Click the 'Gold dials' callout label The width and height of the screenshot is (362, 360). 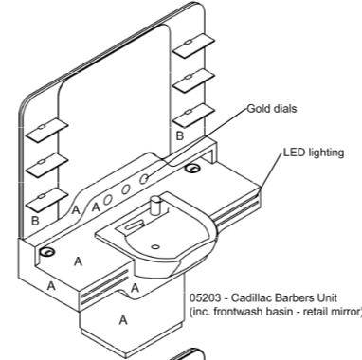click(x=272, y=109)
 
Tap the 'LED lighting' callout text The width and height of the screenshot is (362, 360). click(x=314, y=153)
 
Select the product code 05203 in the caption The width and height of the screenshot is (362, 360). click(x=205, y=297)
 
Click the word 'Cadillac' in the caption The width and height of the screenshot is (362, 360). click(x=251, y=297)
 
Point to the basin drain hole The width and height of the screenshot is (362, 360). click(x=155, y=247)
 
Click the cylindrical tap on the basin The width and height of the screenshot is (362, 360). click(x=155, y=205)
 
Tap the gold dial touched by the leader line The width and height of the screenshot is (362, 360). click(x=144, y=179)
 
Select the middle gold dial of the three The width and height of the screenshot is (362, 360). click(x=126, y=189)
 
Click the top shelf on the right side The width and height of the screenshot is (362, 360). click(x=194, y=46)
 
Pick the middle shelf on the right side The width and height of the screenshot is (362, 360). click(x=194, y=81)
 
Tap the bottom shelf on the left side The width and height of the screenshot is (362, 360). click(x=46, y=200)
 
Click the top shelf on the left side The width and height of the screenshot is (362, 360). click(x=46, y=131)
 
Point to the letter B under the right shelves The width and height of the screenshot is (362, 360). click(x=179, y=135)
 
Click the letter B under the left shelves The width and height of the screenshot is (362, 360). click(x=35, y=221)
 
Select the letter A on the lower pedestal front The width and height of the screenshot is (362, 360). click(x=123, y=320)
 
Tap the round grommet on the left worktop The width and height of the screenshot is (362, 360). click(x=47, y=252)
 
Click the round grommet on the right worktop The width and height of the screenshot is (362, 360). click(x=192, y=169)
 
